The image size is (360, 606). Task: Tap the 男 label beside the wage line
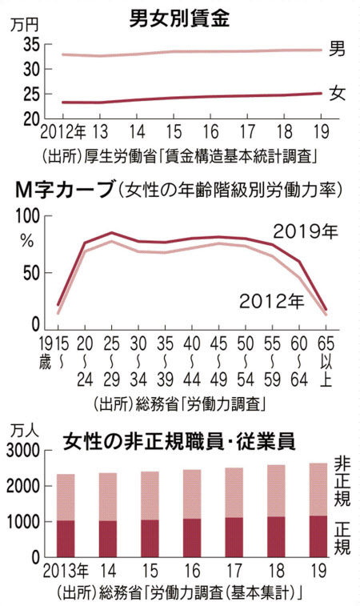pyautogui.click(x=338, y=50)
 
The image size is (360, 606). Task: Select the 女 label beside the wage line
pyautogui.click(x=338, y=94)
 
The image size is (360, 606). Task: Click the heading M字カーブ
pyautogui.click(x=63, y=190)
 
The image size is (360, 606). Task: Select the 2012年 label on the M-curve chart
pyautogui.click(x=270, y=302)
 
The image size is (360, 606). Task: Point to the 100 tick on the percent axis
pyautogui.click(x=29, y=216)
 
